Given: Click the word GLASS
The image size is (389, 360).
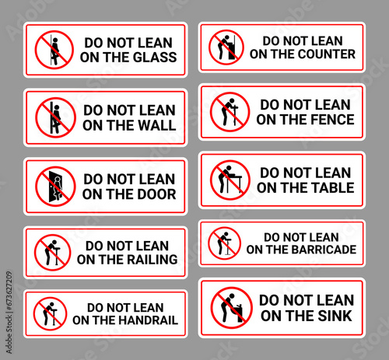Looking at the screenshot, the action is click(155, 58).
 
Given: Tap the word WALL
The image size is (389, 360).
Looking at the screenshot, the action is click(156, 125).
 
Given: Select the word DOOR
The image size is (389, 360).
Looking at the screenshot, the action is click(156, 194).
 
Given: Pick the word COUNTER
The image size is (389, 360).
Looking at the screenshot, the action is click(327, 54).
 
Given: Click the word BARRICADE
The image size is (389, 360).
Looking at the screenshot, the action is click(324, 250).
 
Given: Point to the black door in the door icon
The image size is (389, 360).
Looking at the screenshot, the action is click(52, 187).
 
